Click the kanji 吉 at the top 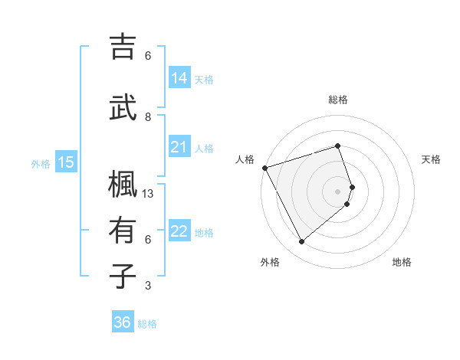(123, 47)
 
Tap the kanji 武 (123, 108)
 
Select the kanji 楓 (123, 185)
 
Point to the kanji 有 (123, 231)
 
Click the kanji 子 (123, 277)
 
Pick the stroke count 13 (149, 194)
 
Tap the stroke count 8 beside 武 (148, 117)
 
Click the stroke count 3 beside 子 (148, 286)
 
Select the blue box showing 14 (179, 78)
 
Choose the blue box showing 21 (179, 147)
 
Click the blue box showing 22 (179, 231)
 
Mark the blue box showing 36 (123, 322)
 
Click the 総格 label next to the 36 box (147, 324)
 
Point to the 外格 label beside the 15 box (41, 163)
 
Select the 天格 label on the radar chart (432, 159)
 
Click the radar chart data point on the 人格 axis (264, 168)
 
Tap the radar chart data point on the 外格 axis (301, 242)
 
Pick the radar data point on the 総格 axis (337, 146)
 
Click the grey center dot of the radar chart (337, 191)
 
